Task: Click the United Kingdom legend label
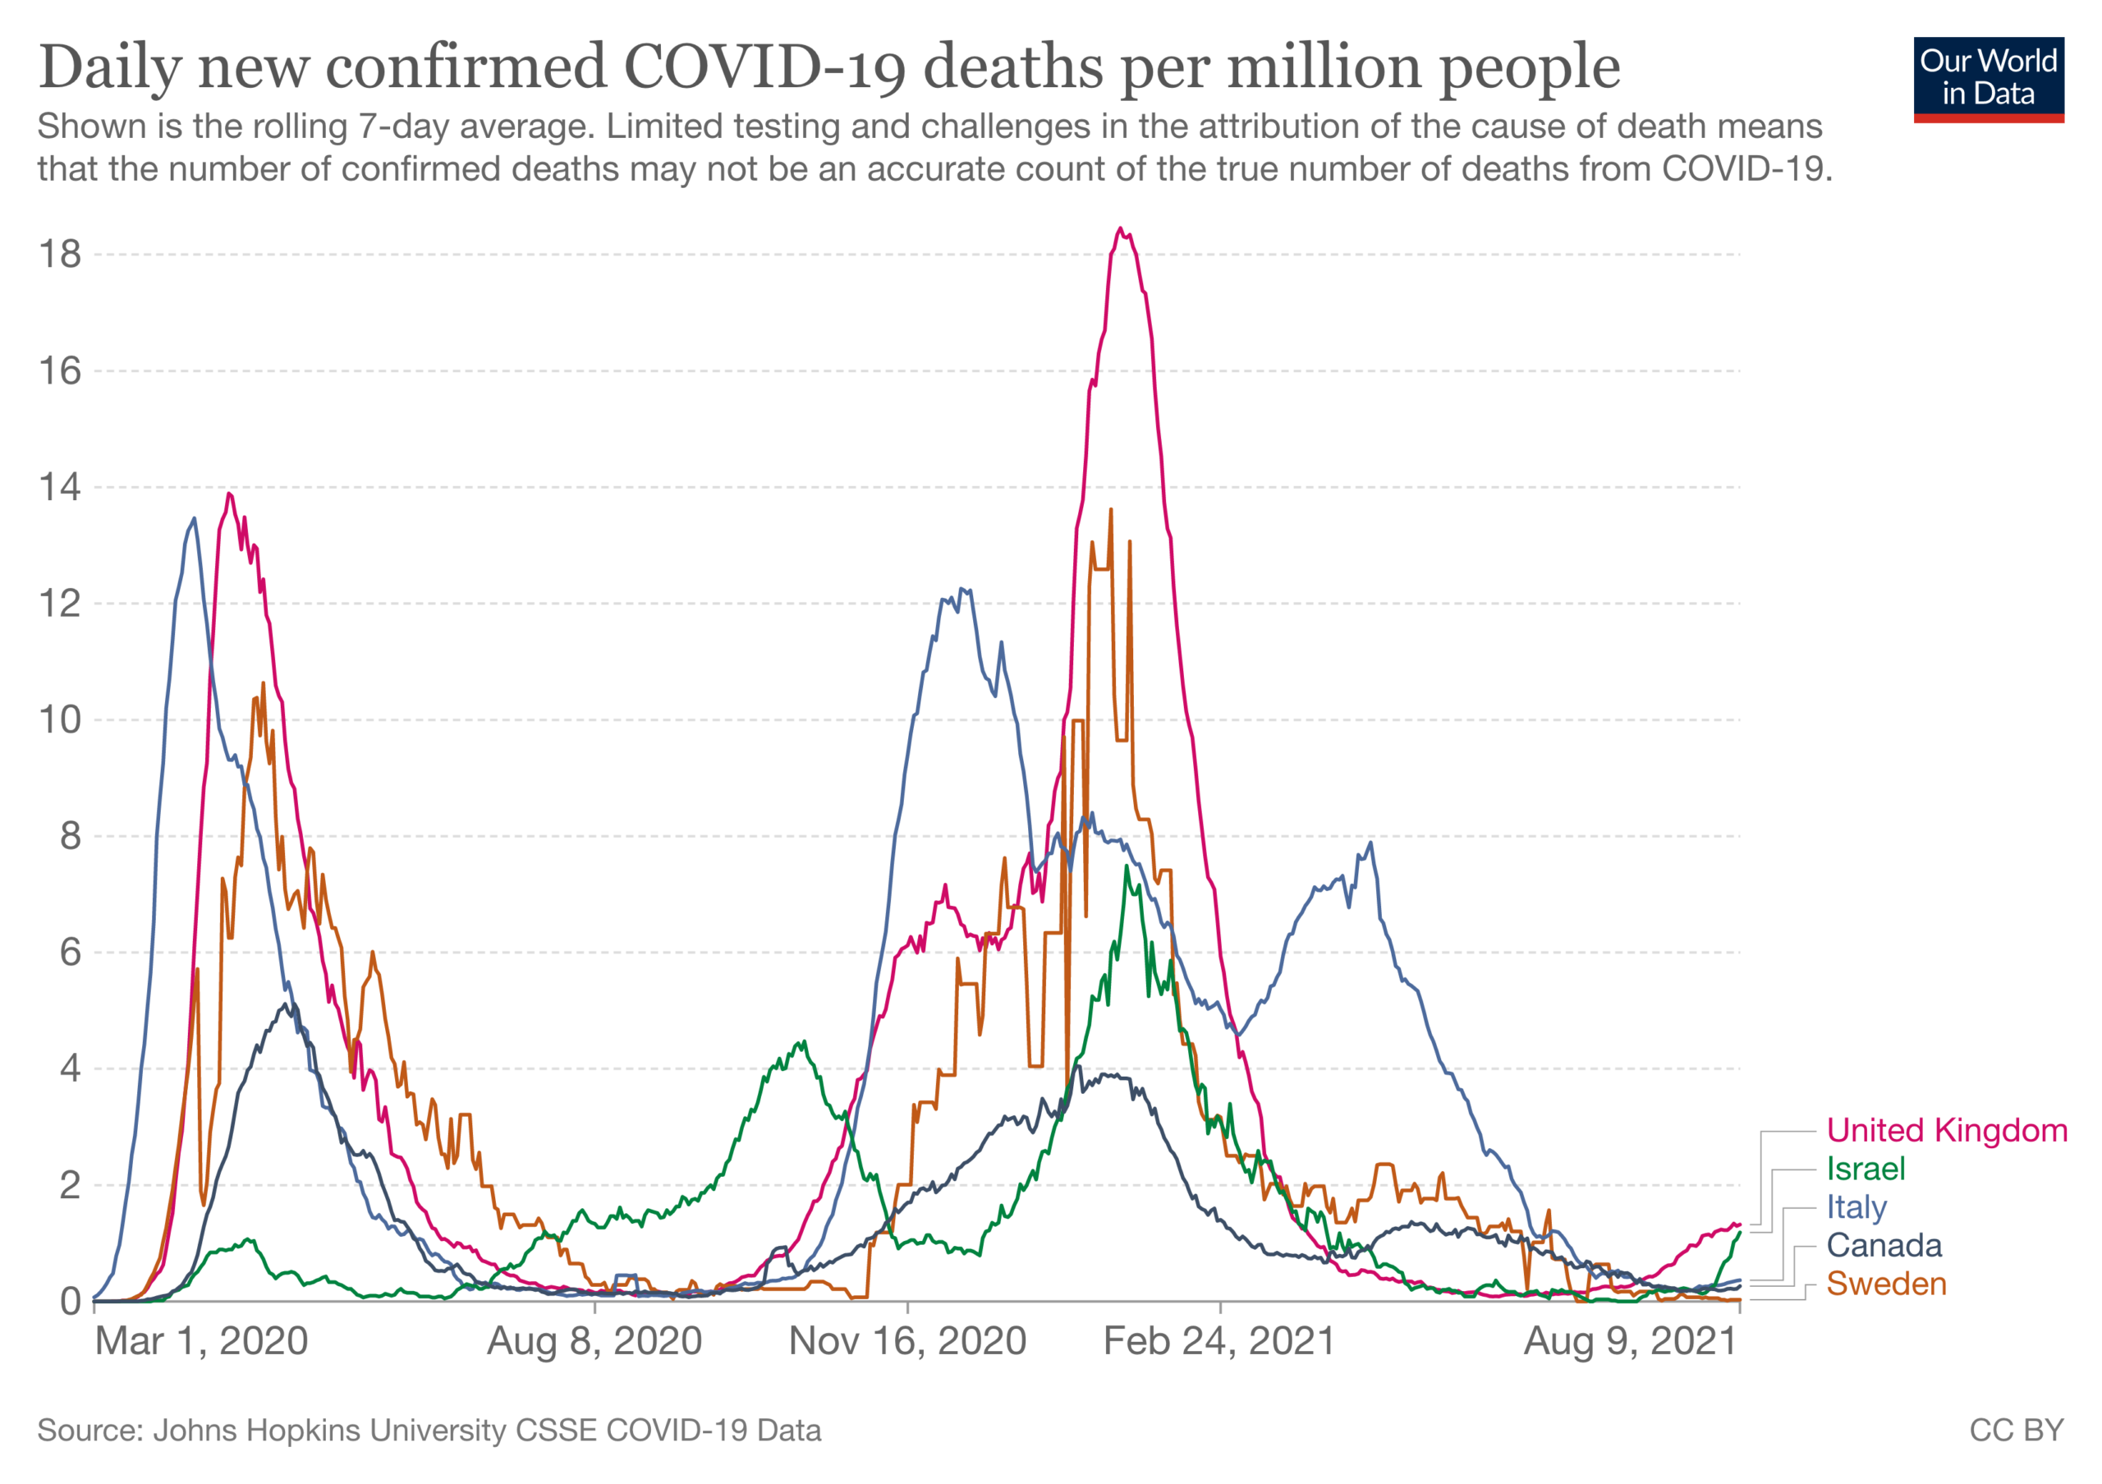tap(1946, 1131)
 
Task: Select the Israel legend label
tap(1865, 1169)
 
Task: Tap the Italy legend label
tap(1856, 1207)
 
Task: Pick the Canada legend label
tap(1884, 1246)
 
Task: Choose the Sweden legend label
tap(1886, 1284)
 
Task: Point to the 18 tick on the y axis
tap(59, 255)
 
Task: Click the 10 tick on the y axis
tap(59, 719)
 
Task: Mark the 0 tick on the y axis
tap(71, 1301)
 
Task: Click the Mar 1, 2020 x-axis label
tap(201, 1342)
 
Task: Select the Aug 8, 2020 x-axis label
tap(594, 1342)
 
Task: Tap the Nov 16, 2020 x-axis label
tap(907, 1342)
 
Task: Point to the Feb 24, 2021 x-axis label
tap(1219, 1342)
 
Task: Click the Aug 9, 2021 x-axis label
tap(1631, 1342)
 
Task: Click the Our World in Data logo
tap(1988, 79)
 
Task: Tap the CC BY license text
tap(2016, 1430)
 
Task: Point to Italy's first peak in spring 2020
tap(193, 518)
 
